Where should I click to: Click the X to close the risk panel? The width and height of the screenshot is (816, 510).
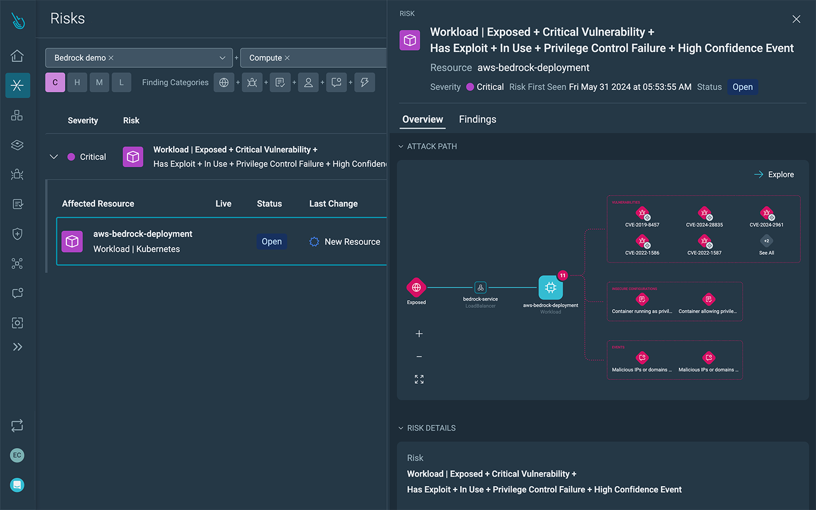[x=796, y=19]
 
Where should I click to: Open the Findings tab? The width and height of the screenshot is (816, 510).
[x=477, y=119]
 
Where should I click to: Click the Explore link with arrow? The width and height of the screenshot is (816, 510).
[x=774, y=174]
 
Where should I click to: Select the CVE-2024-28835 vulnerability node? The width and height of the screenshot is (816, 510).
[x=704, y=213]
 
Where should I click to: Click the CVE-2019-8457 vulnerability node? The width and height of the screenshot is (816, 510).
[x=642, y=213]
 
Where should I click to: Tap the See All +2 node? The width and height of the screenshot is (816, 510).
[x=766, y=241]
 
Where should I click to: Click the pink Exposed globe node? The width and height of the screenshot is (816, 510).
[x=416, y=288]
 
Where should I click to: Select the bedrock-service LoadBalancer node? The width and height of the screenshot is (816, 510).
[x=480, y=288]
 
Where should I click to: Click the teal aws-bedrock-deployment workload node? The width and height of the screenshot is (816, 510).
[x=550, y=288]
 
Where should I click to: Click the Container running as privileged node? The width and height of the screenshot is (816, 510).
[x=642, y=300]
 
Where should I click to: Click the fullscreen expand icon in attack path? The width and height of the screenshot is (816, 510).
[x=419, y=379]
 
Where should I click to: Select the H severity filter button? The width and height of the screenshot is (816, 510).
[x=77, y=83]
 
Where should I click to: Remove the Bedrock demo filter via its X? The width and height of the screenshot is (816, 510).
[x=111, y=58]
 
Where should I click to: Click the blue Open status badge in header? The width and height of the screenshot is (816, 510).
[x=742, y=87]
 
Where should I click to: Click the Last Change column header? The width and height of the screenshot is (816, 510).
[x=333, y=203]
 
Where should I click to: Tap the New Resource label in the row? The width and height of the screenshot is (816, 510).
[x=352, y=242]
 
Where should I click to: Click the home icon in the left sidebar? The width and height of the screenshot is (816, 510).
[x=17, y=56]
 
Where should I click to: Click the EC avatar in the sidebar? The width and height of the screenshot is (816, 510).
[x=17, y=455]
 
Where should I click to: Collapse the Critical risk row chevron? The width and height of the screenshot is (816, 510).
[x=54, y=157]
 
